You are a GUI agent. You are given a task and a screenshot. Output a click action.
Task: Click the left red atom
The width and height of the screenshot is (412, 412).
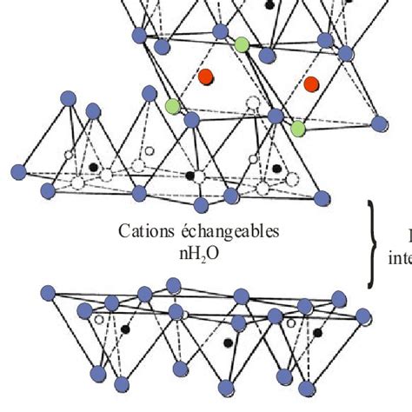206,76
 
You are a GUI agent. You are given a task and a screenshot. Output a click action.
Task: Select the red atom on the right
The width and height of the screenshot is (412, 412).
311,84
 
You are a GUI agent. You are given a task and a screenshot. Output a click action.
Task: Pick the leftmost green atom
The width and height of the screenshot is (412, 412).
173,106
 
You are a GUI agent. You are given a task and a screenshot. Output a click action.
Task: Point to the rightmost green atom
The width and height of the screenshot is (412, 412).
298,130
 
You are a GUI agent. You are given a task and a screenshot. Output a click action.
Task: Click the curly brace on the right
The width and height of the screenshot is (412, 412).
372,244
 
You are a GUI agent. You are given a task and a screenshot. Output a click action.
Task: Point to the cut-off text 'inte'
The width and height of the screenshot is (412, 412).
398,258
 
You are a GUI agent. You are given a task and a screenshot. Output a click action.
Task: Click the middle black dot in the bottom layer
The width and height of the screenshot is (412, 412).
229,342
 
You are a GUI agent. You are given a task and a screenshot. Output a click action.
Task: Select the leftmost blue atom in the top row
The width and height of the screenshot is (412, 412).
136,36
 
